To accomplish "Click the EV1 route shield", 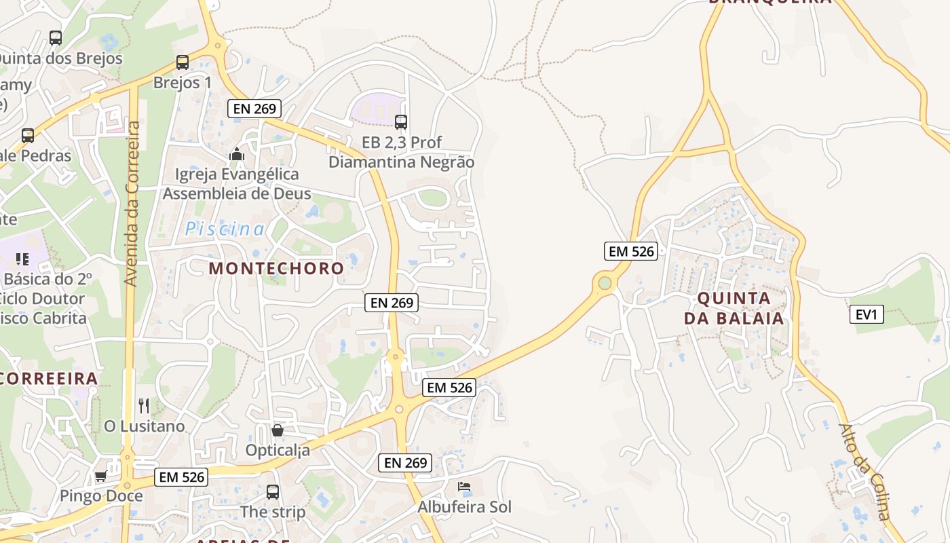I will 867,314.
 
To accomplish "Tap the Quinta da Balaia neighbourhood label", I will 734,308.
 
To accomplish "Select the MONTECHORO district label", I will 276,268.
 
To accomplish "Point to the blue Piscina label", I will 225,229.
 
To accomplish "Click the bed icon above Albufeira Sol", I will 464,487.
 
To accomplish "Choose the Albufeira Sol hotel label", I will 464,507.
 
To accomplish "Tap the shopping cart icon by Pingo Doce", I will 101,476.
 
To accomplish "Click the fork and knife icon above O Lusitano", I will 144,406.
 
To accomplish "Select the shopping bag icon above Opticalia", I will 278,430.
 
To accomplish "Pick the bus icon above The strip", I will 273,492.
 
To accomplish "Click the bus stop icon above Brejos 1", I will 183,62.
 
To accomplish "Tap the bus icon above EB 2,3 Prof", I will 401,122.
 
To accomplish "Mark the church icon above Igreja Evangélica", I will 237,155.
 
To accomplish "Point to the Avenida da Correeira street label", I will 132,204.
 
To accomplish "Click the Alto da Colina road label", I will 864,472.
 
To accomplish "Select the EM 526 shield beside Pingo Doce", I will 181,477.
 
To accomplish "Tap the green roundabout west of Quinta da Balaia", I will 605,282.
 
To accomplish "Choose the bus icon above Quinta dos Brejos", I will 56,38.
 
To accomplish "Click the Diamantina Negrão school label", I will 401,162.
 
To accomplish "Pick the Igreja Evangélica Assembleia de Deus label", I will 237,184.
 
